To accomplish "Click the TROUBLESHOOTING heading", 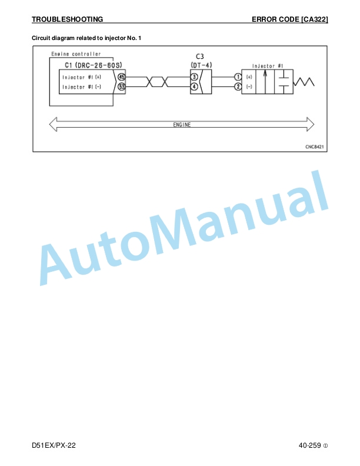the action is coord(68,19).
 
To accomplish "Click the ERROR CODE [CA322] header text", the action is coord(290,19).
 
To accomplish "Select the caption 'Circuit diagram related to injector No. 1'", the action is coord(86,38).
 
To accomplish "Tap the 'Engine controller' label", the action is coord(76,54).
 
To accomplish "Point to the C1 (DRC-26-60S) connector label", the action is coord(94,65).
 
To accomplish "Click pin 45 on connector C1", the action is coord(122,77).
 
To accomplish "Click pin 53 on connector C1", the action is coord(122,86).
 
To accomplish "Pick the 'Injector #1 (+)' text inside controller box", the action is coord(82,77).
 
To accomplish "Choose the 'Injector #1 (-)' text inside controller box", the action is coord(82,86).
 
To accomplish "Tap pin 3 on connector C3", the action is coord(194,77).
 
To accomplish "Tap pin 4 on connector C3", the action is coord(194,86).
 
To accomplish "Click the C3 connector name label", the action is coord(200,56).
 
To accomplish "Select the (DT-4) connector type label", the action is coord(201,65).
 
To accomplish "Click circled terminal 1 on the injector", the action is coord(238,77).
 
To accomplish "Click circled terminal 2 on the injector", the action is coord(238,86).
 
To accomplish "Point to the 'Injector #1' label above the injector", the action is coord(268,66).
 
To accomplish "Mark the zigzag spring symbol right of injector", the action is coord(304,82).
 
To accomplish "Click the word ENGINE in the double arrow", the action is coord(182,125).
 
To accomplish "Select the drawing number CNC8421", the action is coord(315,147).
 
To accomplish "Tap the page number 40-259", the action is coord(310,445).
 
